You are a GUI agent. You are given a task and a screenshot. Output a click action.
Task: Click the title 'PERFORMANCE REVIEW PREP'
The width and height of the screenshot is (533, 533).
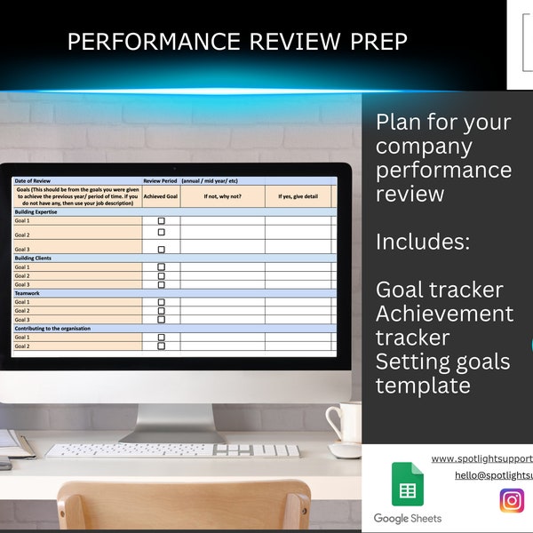point(237,43)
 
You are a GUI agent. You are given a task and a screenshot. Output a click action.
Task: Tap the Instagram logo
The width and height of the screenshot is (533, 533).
point(512,501)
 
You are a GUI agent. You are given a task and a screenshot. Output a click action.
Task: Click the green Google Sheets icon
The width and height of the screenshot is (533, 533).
point(408,484)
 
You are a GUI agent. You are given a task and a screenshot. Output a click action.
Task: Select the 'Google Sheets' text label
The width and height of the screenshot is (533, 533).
point(408,518)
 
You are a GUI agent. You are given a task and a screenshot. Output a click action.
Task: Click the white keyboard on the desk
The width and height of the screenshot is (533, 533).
point(172,450)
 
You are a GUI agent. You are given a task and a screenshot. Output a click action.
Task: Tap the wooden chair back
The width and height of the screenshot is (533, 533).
point(183,506)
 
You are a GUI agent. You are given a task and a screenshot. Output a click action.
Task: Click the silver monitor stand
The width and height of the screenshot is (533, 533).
point(173,418)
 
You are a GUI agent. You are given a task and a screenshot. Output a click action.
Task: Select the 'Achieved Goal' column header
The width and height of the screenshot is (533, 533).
point(161,196)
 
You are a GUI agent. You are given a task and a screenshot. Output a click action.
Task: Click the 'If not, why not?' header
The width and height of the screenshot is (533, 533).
point(222,196)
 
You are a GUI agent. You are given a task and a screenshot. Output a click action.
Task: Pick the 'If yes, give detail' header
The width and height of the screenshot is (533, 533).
point(298,196)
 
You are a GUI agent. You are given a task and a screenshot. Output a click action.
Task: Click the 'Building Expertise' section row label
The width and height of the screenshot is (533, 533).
point(36,212)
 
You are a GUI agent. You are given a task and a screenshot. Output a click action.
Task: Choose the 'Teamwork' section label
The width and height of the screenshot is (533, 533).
point(28,293)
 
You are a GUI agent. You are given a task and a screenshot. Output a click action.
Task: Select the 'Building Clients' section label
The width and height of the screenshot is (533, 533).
point(33,258)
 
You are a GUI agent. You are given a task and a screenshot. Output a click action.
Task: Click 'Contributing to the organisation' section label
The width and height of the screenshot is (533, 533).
point(52,329)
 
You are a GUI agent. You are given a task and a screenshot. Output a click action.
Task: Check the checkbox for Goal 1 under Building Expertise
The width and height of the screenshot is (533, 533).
point(161,221)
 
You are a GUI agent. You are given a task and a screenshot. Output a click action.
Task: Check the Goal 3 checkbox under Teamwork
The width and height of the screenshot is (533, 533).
point(161,320)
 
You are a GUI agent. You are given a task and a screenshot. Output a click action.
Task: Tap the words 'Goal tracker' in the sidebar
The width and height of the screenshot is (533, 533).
point(439,289)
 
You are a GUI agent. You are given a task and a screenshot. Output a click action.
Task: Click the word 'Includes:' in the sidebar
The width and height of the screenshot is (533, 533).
point(423,241)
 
